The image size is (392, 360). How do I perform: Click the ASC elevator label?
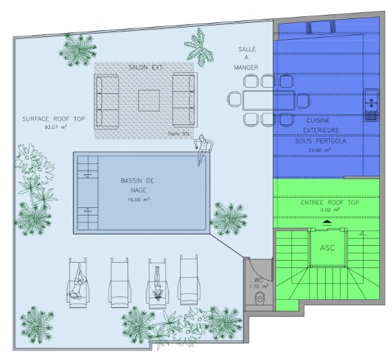(x=327, y=248)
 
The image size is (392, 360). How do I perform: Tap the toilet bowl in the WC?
(x=260, y=298)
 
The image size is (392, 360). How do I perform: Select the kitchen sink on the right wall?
(x=371, y=105)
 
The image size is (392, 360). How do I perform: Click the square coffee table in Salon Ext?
(x=149, y=101)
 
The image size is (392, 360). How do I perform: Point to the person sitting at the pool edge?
(x=204, y=149)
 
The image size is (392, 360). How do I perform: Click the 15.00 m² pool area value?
(x=138, y=200)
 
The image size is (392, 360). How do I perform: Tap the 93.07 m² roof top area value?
(x=56, y=127)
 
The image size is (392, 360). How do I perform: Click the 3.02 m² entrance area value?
(x=330, y=210)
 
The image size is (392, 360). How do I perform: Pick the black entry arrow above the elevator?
(x=327, y=222)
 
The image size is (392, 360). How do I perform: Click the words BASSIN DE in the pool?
(x=137, y=181)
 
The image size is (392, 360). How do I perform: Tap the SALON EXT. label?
(x=146, y=68)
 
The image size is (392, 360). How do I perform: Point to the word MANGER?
(x=246, y=68)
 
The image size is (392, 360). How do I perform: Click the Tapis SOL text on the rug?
(x=179, y=134)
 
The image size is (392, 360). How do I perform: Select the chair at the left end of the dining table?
(x=234, y=99)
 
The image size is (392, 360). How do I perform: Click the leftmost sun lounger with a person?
(x=78, y=282)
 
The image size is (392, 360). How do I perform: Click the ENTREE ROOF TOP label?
(x=330, y=203)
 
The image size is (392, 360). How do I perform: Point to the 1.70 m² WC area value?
(x=259, y=286)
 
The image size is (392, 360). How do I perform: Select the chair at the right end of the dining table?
(x=304, y=101)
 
